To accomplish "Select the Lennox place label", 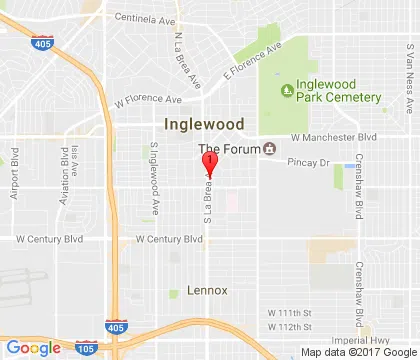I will pos(208,290).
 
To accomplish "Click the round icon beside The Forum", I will pos(269,149).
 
